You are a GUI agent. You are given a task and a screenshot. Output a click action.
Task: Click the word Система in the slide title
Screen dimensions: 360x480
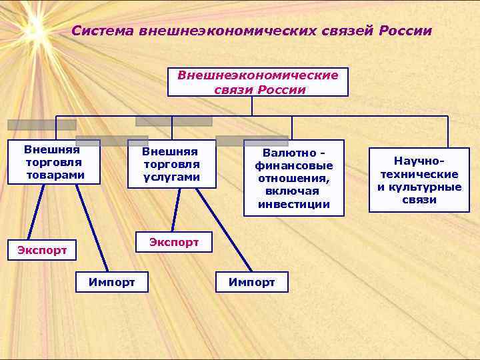pyautogui.click(x=100, y=31)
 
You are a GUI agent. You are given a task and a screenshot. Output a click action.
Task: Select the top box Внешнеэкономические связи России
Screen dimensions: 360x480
pyautogui.click(x=257, y=83)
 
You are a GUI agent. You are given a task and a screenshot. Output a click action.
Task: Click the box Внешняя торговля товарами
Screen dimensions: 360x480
pyautogui.click(x=54, y=161)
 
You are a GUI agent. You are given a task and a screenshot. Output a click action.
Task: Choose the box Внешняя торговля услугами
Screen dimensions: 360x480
pyautogui.click(x=171, y=163)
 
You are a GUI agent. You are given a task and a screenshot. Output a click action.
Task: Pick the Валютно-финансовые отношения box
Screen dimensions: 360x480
pyautogui.click(x=293, y=177)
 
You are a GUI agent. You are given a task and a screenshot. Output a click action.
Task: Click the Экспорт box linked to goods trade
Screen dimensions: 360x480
pyautogui.click(x=41, y=251)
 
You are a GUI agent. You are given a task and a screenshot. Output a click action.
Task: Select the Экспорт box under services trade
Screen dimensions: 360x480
pyautogui.click(x=173, y=242)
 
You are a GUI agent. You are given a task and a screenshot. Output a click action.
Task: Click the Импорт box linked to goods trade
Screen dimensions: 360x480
pyautogui.click(x=111, y=283)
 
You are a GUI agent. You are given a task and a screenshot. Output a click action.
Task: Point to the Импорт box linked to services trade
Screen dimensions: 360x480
pyautogui.click(x=251, y=283)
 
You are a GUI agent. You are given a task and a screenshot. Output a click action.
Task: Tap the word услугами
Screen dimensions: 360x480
pyautogui.click(x=171, y=177)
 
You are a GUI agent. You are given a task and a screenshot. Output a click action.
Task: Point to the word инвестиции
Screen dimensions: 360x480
pyautogui.click(x=294, y=204)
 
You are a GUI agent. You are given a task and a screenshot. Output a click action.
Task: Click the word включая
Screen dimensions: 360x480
pyautogui.click(x=294, y=191)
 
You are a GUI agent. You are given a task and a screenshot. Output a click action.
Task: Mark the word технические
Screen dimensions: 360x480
pyautogui.click(x=419, y=174)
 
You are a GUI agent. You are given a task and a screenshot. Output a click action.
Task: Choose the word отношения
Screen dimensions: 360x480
pyautogui.click(x=294, y=178)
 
